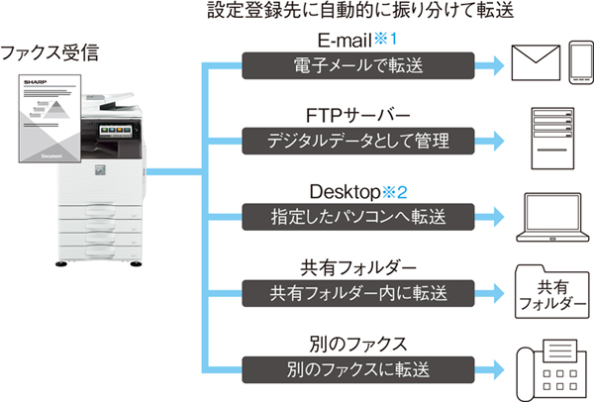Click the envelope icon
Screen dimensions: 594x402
point(536,62)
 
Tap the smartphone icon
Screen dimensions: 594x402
point(581,62)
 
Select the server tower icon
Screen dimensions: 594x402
point(552,139)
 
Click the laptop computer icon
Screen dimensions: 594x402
point(552,217)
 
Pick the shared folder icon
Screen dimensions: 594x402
point(552,291)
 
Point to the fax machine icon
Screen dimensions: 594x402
point(553,369)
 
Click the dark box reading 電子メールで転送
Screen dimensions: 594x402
point(358,65)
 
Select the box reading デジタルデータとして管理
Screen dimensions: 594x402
point(358,141)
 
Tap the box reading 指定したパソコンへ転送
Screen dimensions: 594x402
point(358,217)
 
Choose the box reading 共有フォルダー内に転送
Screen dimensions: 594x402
point(358,293)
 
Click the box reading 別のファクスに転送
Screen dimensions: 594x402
point(358,369)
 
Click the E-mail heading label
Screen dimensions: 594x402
point(345,40)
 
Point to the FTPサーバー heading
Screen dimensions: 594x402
point(358,115)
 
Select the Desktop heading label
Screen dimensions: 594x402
point(345,192)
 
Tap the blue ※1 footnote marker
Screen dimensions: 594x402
point(386,39)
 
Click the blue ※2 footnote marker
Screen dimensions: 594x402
point(395,192)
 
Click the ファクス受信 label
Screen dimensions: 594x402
point(49,52)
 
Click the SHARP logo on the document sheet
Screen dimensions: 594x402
point(36,82)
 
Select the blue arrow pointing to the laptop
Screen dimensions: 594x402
point(489,217)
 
